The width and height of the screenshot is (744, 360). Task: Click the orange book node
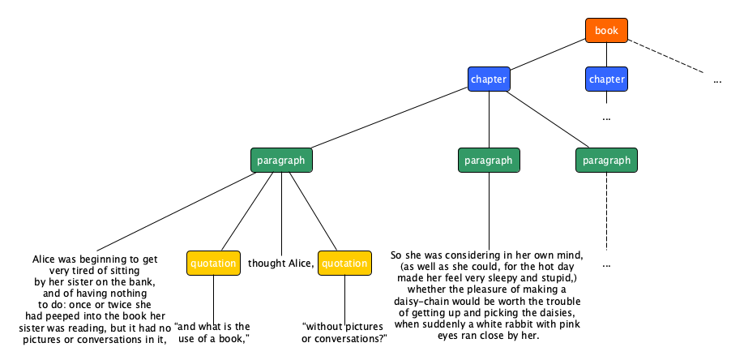coord(606,31)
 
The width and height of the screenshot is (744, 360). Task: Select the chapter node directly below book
coord(606,79)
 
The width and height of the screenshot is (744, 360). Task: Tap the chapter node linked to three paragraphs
coord(489,79)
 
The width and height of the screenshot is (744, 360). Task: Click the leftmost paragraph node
coord(281,160)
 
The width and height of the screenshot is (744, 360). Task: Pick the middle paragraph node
coord(489,160)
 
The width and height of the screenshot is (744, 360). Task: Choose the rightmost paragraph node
coord(606,160)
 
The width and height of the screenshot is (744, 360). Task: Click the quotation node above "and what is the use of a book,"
coord(213,263)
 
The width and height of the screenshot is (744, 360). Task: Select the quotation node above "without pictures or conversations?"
coord(344,263)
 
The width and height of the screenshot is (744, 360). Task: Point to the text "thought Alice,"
coord(280,263)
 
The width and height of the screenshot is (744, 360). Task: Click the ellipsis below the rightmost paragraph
coord(606,265)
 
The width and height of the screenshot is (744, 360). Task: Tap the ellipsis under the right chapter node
coord(606,118)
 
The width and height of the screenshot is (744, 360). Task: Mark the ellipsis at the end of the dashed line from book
coord(717,80)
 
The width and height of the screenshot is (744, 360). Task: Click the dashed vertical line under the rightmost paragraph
coord(606,211)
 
